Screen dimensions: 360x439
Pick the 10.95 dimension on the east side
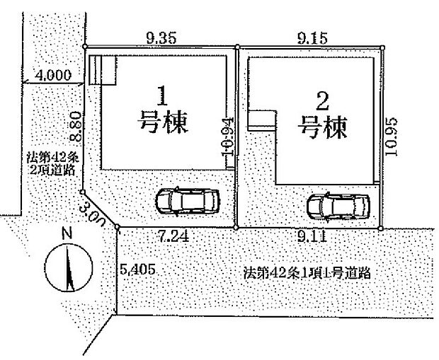click(394, 137)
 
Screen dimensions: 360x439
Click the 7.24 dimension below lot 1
click(173, 237)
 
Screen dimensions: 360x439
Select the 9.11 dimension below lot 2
click(311, 238)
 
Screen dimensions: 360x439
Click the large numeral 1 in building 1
click(161, 95)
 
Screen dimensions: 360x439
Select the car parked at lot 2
click(337, 205)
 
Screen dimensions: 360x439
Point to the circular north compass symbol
click(68, 268)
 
